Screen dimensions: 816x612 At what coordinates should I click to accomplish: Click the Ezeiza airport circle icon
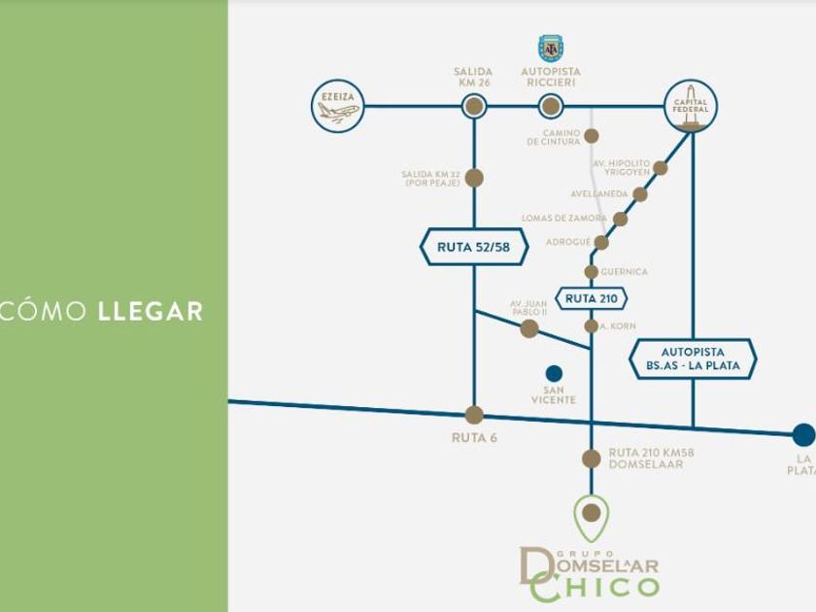tap(338, 105)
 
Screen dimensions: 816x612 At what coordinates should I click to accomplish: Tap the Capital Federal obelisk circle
tap(691, 106)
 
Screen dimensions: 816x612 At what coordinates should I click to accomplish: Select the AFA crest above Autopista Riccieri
tap(551, 49)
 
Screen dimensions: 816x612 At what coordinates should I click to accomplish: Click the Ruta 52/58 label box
tap(474, 247)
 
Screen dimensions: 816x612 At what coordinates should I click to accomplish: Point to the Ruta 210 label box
tap(591, 298)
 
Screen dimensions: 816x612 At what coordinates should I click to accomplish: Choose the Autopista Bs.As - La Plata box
tap(693, 358)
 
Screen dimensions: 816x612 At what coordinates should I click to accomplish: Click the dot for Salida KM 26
tap(473, 106)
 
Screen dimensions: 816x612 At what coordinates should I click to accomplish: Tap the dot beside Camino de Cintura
tap(591, 136)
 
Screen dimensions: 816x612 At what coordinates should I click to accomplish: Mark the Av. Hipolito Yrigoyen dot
tap(661, 168)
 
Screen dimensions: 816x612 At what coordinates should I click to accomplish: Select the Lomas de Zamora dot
tap(621, 219)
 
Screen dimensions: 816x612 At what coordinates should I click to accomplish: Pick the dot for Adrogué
tap(601, 242)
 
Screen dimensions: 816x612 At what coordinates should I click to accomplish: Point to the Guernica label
tap(624, 272)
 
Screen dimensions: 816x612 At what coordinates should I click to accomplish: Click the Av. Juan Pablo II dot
tap(529, 329)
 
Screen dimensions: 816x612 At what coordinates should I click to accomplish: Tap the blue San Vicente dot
tap(554, 373)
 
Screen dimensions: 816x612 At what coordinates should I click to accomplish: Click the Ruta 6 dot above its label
tap(474, 416)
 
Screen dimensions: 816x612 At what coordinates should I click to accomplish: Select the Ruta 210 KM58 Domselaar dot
tap(591, 459)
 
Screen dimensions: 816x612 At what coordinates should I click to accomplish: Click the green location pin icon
tap(591, 516)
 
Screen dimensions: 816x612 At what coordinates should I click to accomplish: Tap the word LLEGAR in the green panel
tap(151, 312)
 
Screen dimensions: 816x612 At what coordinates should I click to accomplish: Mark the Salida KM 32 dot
tap(474, 178)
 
